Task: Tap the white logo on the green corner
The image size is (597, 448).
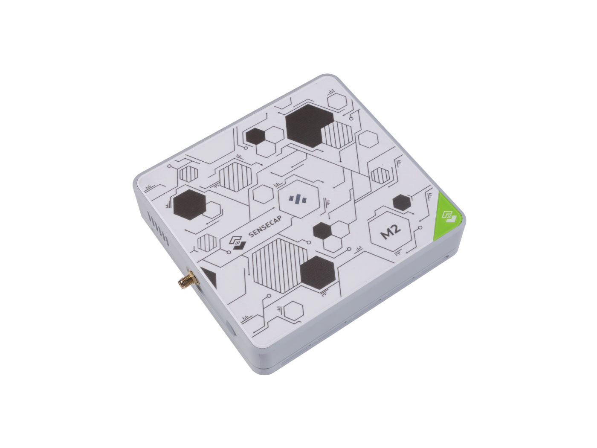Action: [449, 216]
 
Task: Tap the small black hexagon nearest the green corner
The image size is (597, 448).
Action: [401, 202]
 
